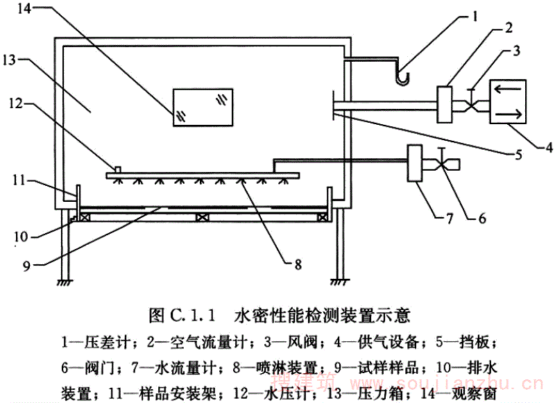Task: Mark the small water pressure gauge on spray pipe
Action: (x=119, y=169)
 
